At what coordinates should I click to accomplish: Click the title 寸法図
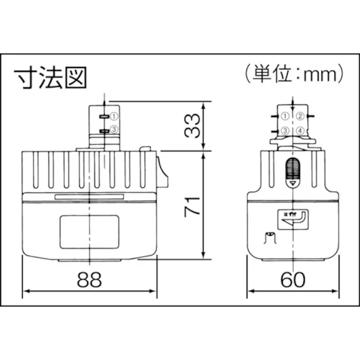tap(50, 78)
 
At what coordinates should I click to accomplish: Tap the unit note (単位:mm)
tap(294, 74)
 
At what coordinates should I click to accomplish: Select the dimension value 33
tap(192, 125)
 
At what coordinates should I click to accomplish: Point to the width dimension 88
tap(89, 280)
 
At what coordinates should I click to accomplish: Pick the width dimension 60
tap(293, 280)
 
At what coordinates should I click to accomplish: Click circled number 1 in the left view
tap(114, 117)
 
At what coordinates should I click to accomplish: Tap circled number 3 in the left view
tap(114, 129)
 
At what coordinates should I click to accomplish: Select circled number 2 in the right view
tap(300, 116)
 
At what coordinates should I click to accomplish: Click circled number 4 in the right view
tap(300, 131)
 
